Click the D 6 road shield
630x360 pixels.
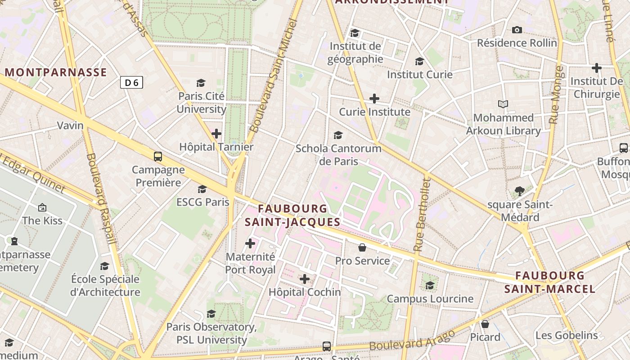131,82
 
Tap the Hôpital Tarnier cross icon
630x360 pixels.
216,134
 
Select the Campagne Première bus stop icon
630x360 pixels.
158,157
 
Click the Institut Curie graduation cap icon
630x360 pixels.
419,61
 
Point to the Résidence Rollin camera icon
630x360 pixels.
517,30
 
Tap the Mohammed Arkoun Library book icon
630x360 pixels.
503,104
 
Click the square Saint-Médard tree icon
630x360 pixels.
520,191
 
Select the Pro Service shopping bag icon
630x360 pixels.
362,247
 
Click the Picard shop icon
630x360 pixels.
485,324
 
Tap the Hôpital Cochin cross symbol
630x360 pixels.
305,279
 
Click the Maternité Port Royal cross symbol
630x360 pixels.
250,244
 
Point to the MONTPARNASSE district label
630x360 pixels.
56,72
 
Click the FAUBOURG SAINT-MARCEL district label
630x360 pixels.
550,282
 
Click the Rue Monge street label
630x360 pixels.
557,95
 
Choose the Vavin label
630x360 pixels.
70,126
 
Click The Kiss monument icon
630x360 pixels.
42,207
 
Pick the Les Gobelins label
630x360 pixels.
567,335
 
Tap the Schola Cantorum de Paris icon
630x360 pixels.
338,135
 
